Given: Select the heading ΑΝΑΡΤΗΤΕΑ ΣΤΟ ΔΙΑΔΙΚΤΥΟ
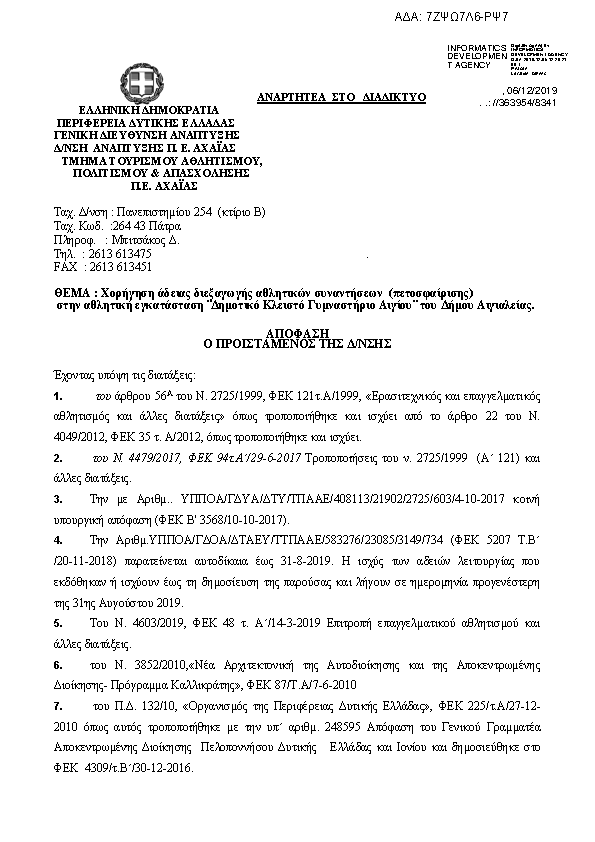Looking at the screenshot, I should (341, 96).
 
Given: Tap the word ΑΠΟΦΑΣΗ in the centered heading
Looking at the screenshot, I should (297, 331).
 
